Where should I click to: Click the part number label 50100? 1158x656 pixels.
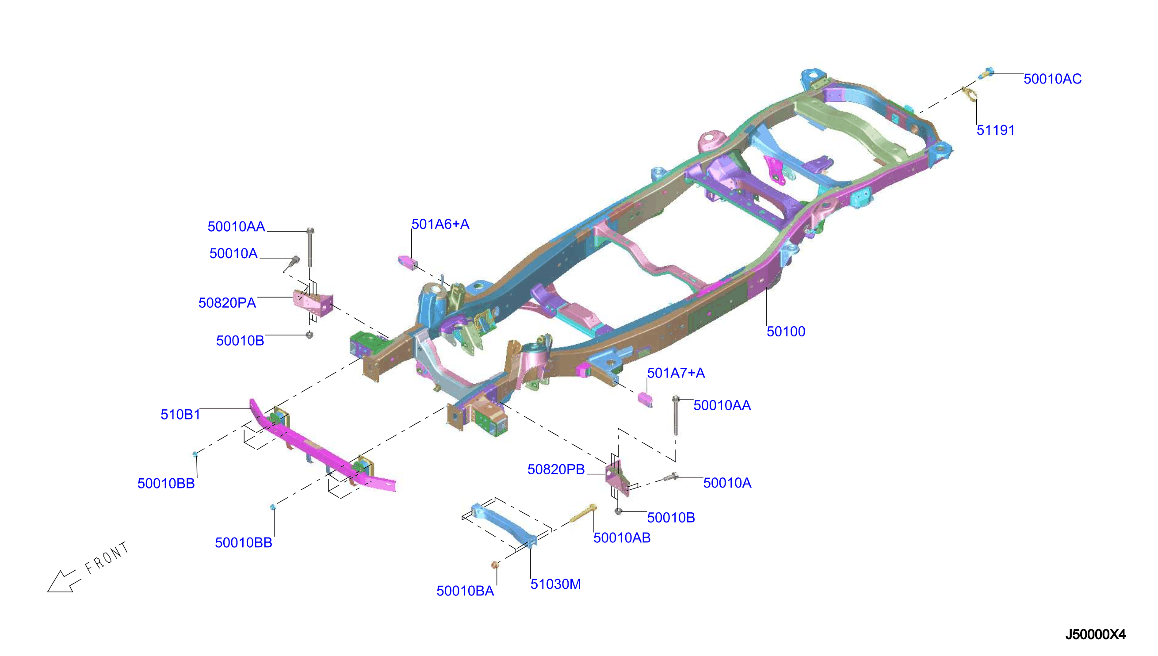785,332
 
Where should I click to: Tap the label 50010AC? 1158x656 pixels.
1052,79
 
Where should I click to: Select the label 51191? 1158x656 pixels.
995,130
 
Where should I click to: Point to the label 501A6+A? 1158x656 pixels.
440,224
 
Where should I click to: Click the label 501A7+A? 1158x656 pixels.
676,373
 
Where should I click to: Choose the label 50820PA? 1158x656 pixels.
227,303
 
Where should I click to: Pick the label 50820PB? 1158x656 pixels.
556,469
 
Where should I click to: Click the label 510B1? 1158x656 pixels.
180,415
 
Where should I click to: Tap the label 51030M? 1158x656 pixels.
556,584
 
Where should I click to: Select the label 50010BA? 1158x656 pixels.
465,591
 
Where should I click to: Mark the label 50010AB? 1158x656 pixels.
622,538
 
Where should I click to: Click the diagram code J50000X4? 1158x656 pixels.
1095,635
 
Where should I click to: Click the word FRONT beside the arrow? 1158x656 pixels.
107,558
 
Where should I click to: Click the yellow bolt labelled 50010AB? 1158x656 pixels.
584,513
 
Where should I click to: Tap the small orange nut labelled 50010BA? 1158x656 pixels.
494,564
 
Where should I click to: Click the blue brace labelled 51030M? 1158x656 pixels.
504,525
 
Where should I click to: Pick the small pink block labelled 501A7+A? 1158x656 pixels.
645,398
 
